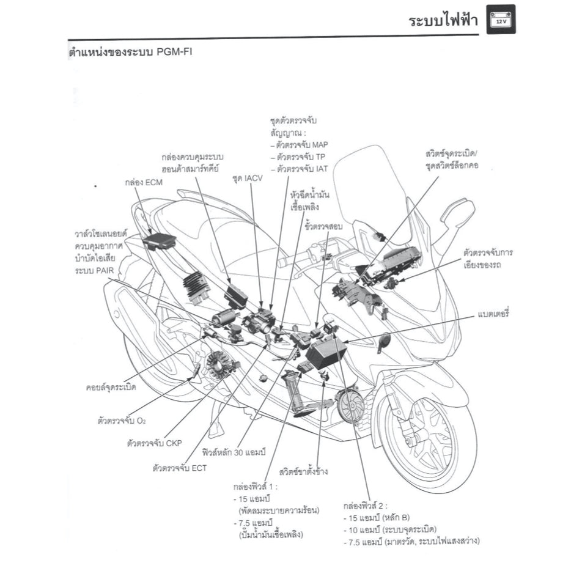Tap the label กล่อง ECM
click(x=141, y=182)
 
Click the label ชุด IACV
click(x=246, y=179)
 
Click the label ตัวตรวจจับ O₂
click(x=121, y=421)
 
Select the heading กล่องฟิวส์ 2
click(x=365, y=506)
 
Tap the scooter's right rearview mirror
click(x=459, y=215)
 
